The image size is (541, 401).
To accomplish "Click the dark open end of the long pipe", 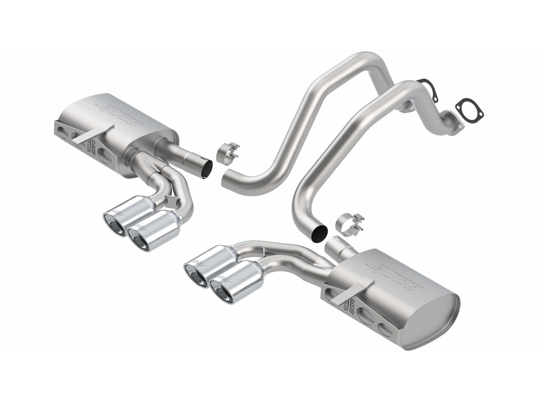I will (318, 232).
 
